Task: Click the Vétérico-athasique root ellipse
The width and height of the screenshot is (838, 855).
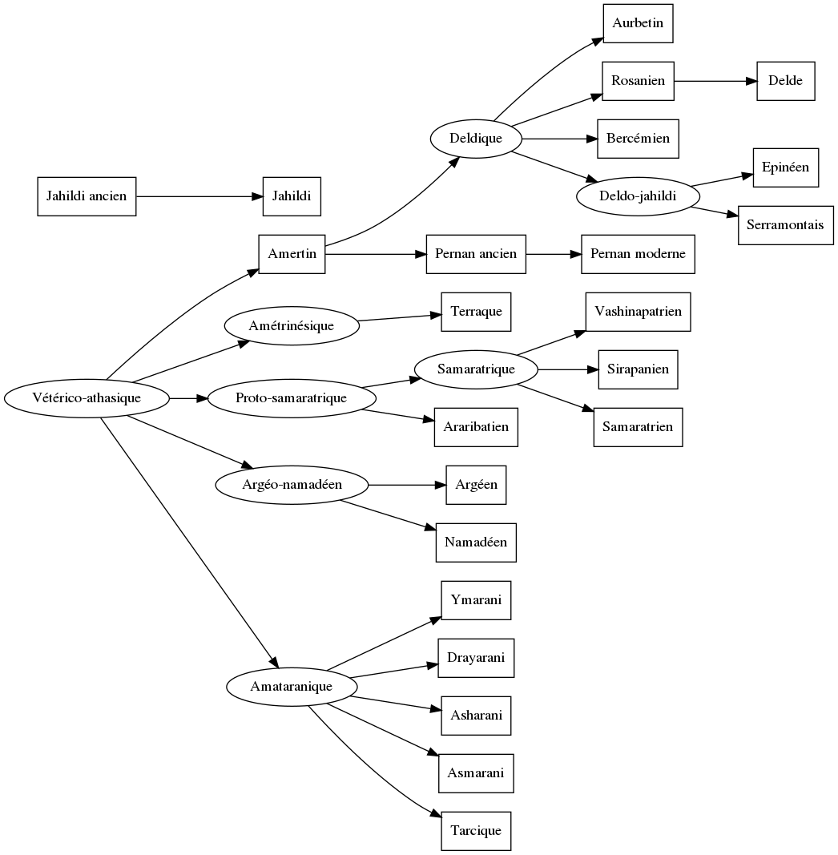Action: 87,397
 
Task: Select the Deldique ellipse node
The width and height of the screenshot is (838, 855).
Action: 476,139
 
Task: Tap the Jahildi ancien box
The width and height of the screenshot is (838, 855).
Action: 87,196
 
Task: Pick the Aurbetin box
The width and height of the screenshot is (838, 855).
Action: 638,23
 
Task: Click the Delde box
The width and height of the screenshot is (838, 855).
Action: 785,81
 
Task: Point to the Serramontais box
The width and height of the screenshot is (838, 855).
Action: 785,225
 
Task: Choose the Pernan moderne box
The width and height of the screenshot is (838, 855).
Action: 638,254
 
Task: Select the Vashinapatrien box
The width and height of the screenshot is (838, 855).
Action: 638,312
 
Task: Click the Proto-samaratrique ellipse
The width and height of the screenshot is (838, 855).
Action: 291,398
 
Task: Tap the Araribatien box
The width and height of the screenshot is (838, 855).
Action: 476,427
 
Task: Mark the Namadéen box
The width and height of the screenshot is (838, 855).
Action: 476,542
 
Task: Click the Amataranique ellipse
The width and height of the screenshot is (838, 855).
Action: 291,687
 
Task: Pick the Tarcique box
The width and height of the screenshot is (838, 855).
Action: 476,831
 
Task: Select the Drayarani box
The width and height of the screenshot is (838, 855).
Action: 476,658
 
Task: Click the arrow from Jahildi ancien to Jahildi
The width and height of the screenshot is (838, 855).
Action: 199,196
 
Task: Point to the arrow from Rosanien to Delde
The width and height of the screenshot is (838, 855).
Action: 715,81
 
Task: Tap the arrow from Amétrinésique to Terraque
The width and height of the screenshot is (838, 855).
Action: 399,318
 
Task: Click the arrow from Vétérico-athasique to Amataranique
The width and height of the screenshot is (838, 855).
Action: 188,541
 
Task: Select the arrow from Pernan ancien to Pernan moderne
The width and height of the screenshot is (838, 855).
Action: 554,254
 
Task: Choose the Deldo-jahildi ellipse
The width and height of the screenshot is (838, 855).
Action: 638,196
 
